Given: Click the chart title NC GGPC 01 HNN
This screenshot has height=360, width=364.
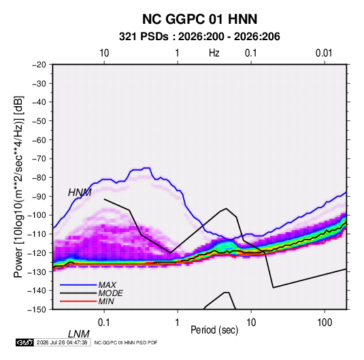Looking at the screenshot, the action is pos(199,19).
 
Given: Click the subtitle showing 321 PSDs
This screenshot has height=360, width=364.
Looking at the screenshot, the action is pos(199,37).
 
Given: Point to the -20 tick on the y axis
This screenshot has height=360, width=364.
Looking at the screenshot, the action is pos(39,65).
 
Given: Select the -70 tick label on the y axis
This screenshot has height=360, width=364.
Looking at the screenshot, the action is pos(39,159).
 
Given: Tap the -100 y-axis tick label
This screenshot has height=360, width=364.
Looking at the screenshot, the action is pos(37,215).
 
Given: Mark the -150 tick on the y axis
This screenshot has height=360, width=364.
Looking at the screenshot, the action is pos(37,310).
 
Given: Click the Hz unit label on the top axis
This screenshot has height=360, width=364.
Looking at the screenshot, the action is pos(214,53).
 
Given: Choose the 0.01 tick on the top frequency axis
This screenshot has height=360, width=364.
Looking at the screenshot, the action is pos(324,53).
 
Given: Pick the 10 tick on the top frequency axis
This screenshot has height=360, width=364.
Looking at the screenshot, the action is pos(104,53).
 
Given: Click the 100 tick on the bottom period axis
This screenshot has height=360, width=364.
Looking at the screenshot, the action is pos(325,323).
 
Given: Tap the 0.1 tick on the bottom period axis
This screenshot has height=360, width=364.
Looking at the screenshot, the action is pos(104,323).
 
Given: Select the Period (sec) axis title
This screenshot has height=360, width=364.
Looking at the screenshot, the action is pos(214,330).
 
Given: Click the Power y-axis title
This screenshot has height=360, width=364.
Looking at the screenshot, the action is pos(18,186).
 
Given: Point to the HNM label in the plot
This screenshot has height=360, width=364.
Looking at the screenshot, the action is pos(80,193).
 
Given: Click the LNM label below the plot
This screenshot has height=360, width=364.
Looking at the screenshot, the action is pos(79,334).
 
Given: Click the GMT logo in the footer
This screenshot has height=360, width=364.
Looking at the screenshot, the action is pos(25,342).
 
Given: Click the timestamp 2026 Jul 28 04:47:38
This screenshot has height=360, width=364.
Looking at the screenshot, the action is pos(62,342).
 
